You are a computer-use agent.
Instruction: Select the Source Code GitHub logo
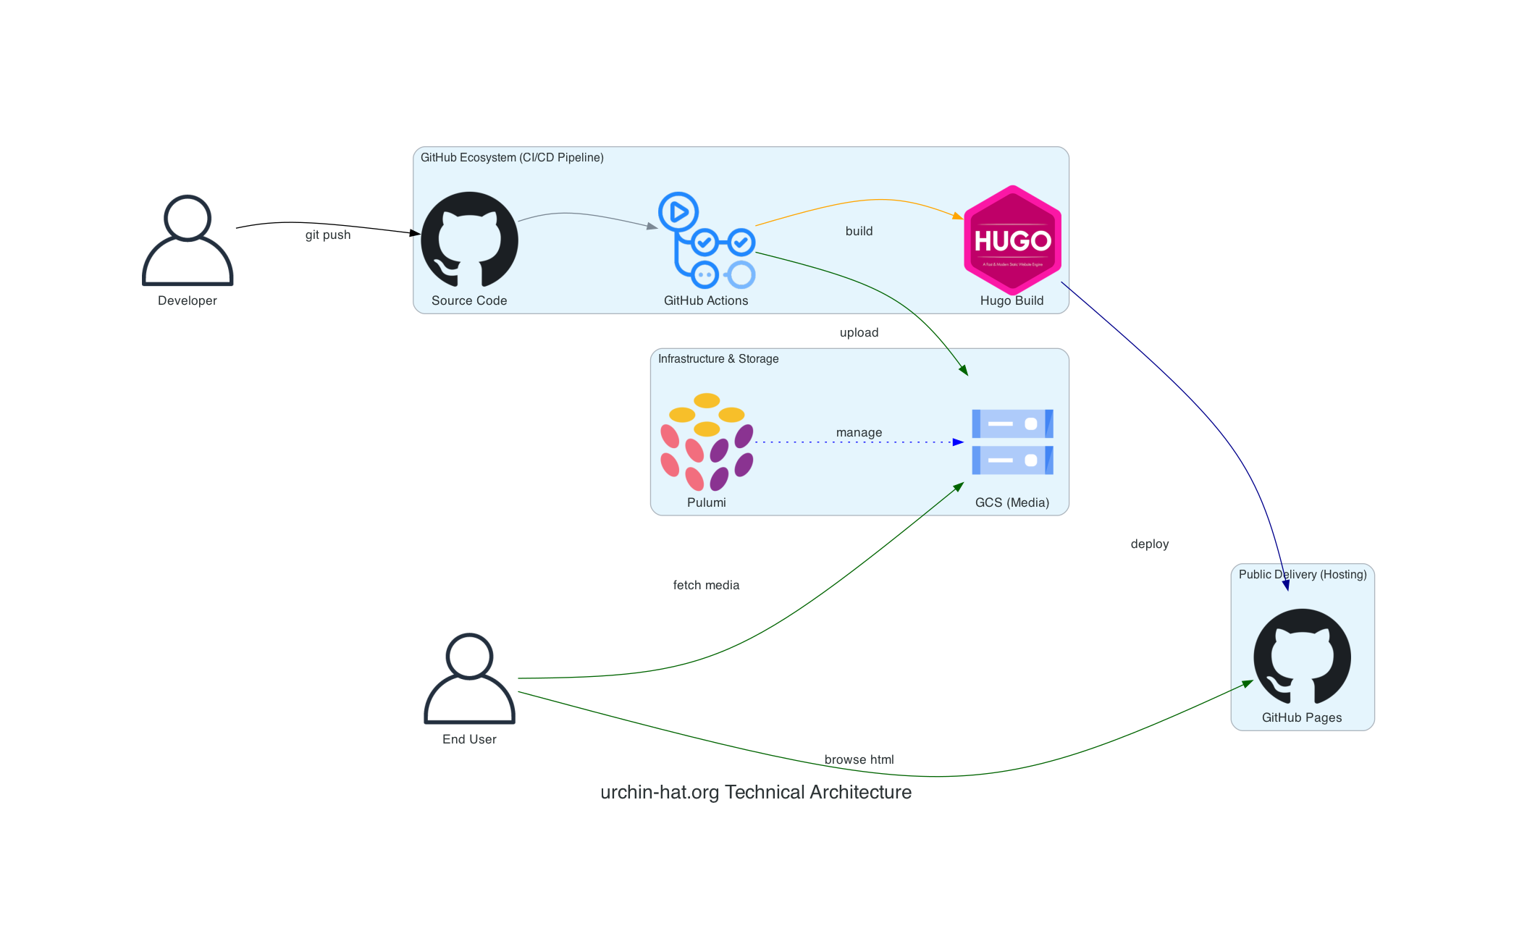point(469,239)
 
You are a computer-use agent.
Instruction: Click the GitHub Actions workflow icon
point(707,240)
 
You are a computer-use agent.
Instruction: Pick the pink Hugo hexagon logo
point(1012,240)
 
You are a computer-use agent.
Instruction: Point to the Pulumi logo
point(707,442)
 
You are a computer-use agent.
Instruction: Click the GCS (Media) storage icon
point(1012,442)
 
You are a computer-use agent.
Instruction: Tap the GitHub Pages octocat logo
point(1302,656)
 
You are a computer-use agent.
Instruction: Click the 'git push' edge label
point(328,235)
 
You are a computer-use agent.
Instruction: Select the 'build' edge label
point(859,231)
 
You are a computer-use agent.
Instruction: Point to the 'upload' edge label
point(859,332)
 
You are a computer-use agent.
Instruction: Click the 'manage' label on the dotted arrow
point(859,432)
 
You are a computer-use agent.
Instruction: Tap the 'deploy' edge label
point(1150,544)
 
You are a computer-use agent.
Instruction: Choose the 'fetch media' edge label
point(706,585)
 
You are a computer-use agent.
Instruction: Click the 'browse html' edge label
point(859,759)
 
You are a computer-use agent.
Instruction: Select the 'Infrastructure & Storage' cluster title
point(718,358)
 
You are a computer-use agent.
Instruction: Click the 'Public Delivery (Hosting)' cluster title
point(1303,574)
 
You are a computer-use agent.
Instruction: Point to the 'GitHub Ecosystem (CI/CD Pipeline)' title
point(512,157)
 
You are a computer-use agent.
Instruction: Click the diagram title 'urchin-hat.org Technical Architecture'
point(756,792)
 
